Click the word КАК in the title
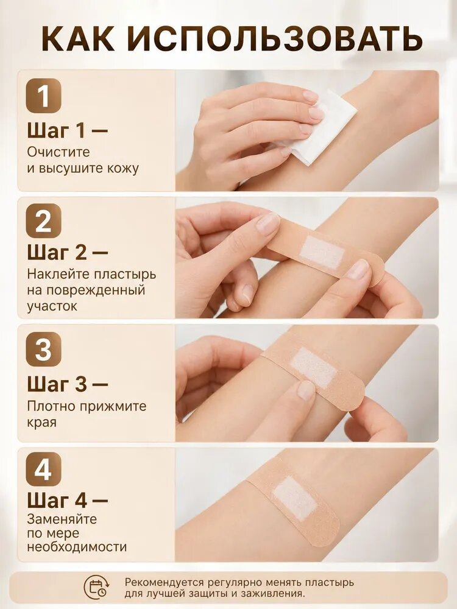78,39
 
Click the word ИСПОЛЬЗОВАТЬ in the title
275,39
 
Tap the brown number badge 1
43,96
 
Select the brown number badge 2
43,220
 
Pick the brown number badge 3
43,349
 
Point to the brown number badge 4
43,470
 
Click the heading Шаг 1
67,130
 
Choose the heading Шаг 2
67,252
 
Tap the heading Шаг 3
67,384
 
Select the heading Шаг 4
67,500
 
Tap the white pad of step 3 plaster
314,367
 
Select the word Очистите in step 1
58,152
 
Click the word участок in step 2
52,306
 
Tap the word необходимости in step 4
77,547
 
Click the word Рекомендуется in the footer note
165,583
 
